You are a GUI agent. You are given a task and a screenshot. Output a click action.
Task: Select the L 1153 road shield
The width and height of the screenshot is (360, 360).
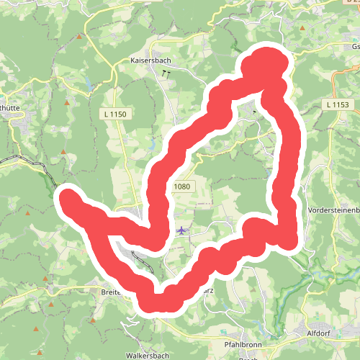pos(336,105)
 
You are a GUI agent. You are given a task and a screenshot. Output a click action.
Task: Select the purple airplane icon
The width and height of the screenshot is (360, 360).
pos(181,230)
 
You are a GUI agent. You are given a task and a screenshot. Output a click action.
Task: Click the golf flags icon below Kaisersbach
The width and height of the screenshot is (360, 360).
pos(167,73)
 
